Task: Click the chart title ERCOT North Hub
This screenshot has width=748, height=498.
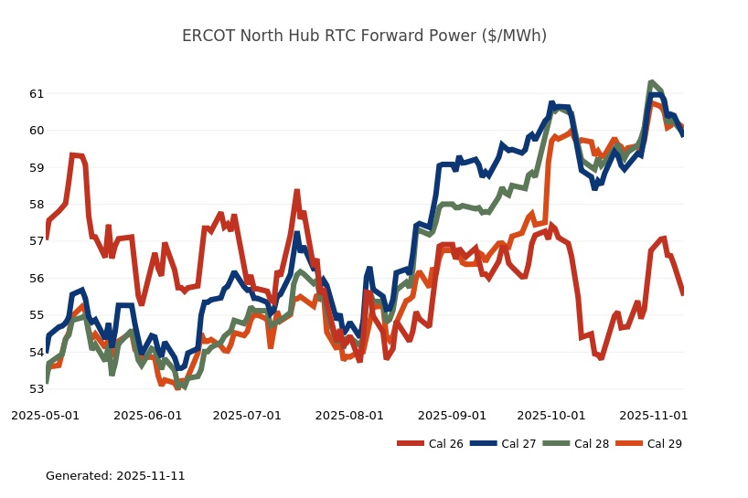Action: [364, 36]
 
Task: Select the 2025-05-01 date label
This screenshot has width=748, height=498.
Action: [45, 415]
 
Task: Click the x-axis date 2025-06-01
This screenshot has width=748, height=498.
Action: [147, 415]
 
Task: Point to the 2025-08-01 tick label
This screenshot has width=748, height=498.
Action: [349, 415]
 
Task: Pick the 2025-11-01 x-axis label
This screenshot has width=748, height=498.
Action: [653, 415]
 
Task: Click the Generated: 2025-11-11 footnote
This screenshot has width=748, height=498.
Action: [115, 476]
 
